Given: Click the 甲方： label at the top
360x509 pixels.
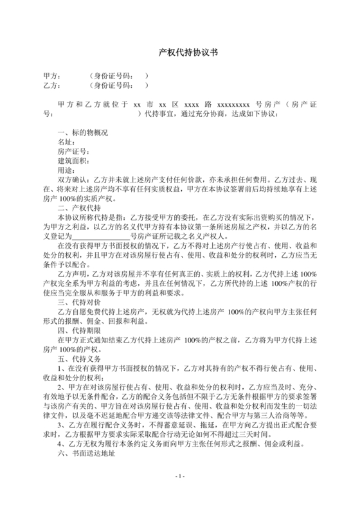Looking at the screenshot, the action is (51, 75).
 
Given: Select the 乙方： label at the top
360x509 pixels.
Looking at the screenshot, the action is (51, 84).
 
